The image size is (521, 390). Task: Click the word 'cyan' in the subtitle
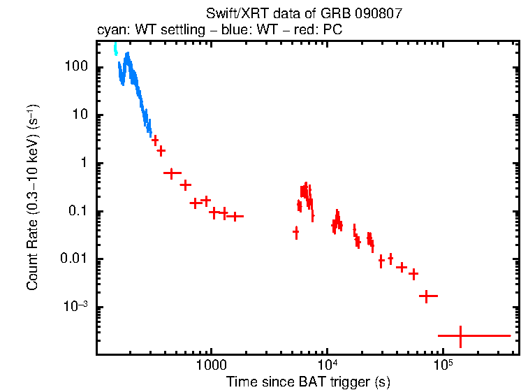pos(109,30)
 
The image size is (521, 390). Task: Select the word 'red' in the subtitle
pos(311,30)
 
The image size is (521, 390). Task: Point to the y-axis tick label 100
pos(75,67)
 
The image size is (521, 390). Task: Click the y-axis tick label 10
pos(78,115)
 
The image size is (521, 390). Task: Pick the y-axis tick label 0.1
pos(76,212)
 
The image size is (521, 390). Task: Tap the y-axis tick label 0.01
pos(73,259)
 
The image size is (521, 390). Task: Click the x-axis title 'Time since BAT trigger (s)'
pos(307,382)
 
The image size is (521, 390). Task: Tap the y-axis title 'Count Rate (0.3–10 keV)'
pos(33,199)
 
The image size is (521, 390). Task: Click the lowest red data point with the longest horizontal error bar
pos(460,336)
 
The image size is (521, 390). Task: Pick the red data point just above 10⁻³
pos(427,296)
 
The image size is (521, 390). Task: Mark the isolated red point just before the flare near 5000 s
pos(295,231)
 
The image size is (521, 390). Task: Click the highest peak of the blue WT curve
pos(127,54)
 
